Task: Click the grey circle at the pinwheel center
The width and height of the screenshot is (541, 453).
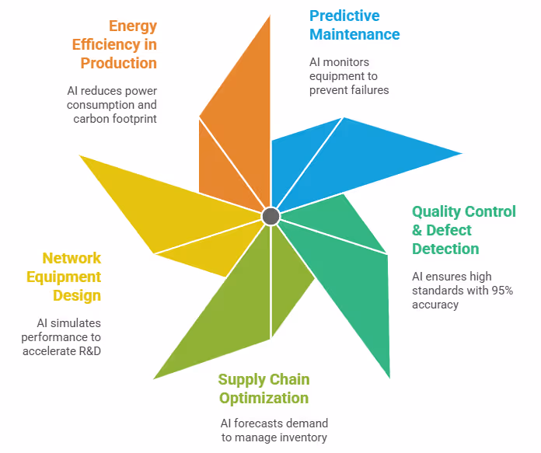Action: pyautogui.click(x=270, y=216)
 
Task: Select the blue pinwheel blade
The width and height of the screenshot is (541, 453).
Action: pyautogui.click(x=350, y=159)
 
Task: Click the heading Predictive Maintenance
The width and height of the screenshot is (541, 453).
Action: pyautogui.click(x=354, y=25)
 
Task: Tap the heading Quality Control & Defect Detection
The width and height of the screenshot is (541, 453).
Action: pyautogui.click(x=463, y=230)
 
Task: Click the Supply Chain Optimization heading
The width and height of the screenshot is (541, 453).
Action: pyautogui.click(x=264, y=389)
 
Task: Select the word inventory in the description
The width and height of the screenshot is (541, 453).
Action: pyautogui.click(x=304, y=437)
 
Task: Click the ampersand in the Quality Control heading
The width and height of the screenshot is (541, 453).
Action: pyautogui.click(x=417, y=230)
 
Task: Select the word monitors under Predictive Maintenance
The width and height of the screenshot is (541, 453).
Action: pyautogui.click(x=347, y=62)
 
